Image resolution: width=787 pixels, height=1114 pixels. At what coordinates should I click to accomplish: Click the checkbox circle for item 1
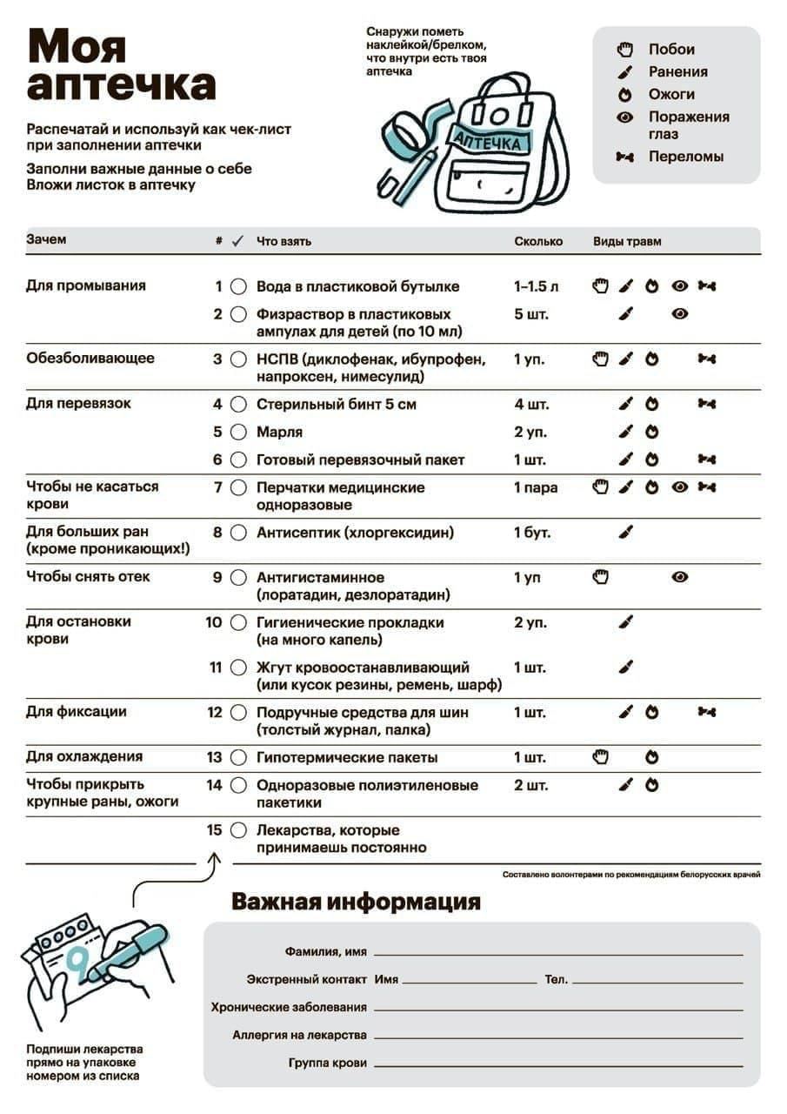coord(238,286)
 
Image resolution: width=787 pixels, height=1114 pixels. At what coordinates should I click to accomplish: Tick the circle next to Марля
coord(238,432)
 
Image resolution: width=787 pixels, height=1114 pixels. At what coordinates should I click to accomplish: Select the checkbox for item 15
coord(238,830)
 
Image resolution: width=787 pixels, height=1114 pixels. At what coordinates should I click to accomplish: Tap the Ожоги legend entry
coord(671,94)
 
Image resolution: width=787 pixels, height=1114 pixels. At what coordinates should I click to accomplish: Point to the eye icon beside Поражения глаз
coord(624,117)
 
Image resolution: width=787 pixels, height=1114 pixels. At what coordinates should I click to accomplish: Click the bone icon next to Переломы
coord(624,158)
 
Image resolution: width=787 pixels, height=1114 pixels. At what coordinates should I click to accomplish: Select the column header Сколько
coord(538,241)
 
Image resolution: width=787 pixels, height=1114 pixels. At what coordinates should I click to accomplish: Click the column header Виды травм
coord(627,241)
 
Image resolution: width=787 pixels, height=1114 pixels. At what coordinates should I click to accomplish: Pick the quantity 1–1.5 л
coord(537,286)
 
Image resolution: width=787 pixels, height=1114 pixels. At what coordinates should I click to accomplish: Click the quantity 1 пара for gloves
coord(536,487)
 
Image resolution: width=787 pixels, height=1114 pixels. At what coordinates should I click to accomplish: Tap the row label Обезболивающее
coord(90,358)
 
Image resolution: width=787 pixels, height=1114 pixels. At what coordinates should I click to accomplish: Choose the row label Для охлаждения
coord(84,756)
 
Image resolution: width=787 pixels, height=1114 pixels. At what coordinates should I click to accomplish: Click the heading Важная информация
coord(356,902)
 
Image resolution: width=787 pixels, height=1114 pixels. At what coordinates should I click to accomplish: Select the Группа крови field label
coord(328,1063)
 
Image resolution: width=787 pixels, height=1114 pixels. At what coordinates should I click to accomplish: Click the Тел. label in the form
coord(557,979)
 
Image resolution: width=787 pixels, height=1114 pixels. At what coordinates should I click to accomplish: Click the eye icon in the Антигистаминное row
coord(680,577)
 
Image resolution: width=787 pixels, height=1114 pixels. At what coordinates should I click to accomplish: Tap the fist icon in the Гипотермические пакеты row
coord(600,757)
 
